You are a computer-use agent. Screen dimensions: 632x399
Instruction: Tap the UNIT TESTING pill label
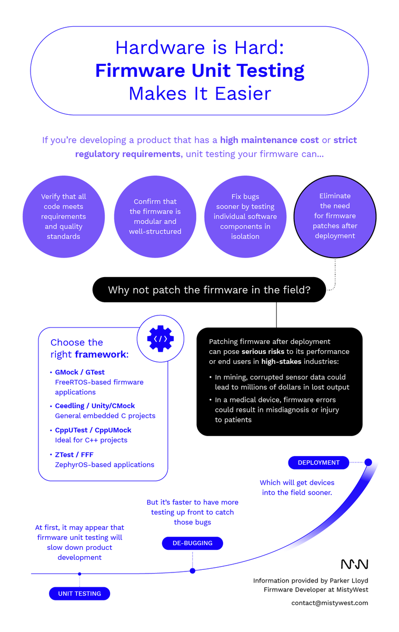tap(79, 594)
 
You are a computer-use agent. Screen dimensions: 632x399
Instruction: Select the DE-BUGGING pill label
tap(192, 543)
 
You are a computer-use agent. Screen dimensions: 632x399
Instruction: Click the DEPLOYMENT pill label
tap(318, 462)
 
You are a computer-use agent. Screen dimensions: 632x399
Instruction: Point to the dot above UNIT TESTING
tap(79, 574)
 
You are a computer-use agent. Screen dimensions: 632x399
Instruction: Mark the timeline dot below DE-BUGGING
tap(192, 570)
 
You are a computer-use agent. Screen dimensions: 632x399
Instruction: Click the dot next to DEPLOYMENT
tap(368, 462)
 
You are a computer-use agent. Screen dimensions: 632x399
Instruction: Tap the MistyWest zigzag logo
tap(354, 564)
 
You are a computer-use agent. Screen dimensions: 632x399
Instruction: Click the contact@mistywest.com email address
tap(330, 603)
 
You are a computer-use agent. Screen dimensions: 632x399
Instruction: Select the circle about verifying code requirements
tap(63, 216)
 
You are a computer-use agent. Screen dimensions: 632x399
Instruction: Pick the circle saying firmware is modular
tap(155, 216)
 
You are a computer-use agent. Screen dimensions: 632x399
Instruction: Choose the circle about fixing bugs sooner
tap(245, 216)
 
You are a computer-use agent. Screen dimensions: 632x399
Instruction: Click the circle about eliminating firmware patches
tap(335, 216)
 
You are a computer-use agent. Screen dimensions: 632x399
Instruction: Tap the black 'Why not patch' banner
tap(209, 290)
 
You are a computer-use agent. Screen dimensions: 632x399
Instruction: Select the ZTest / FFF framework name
tap(74, 455)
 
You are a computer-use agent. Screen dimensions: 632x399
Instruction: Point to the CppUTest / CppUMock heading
tap(93, 430)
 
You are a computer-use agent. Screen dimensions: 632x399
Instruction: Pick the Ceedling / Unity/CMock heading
tap(95, 406)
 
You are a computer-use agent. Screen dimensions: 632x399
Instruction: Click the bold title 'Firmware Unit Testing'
tap(200, 71)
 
